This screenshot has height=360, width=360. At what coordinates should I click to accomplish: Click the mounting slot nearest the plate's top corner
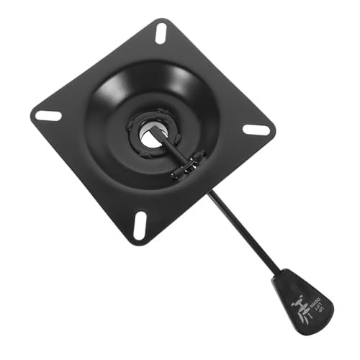pos(160,33)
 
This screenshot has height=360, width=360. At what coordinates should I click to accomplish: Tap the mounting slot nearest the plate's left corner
pos(48,115)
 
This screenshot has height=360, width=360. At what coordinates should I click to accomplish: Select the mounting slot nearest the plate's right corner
pos(256,130)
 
